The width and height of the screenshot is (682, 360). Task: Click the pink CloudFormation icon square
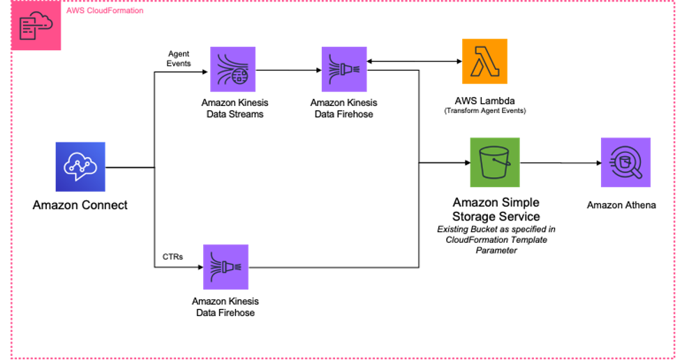click(x=36, y=27)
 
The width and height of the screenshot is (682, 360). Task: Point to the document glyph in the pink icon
click(x=29, y=29)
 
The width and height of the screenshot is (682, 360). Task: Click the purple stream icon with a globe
click(x=233, y=69)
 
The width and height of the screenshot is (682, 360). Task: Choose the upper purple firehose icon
click(x=344, y=69)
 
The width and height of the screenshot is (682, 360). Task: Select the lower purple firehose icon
click(x=225, y=267)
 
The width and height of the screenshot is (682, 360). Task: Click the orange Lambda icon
click(x=484, y=61)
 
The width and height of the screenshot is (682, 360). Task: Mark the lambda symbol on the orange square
click(x=484, y=62)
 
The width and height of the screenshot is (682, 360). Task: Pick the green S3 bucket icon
click(x=495, y=163)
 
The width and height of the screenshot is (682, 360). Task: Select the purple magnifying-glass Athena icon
click(x=625, y=163)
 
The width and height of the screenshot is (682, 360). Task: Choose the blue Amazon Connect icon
click(x=80, y=167)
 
